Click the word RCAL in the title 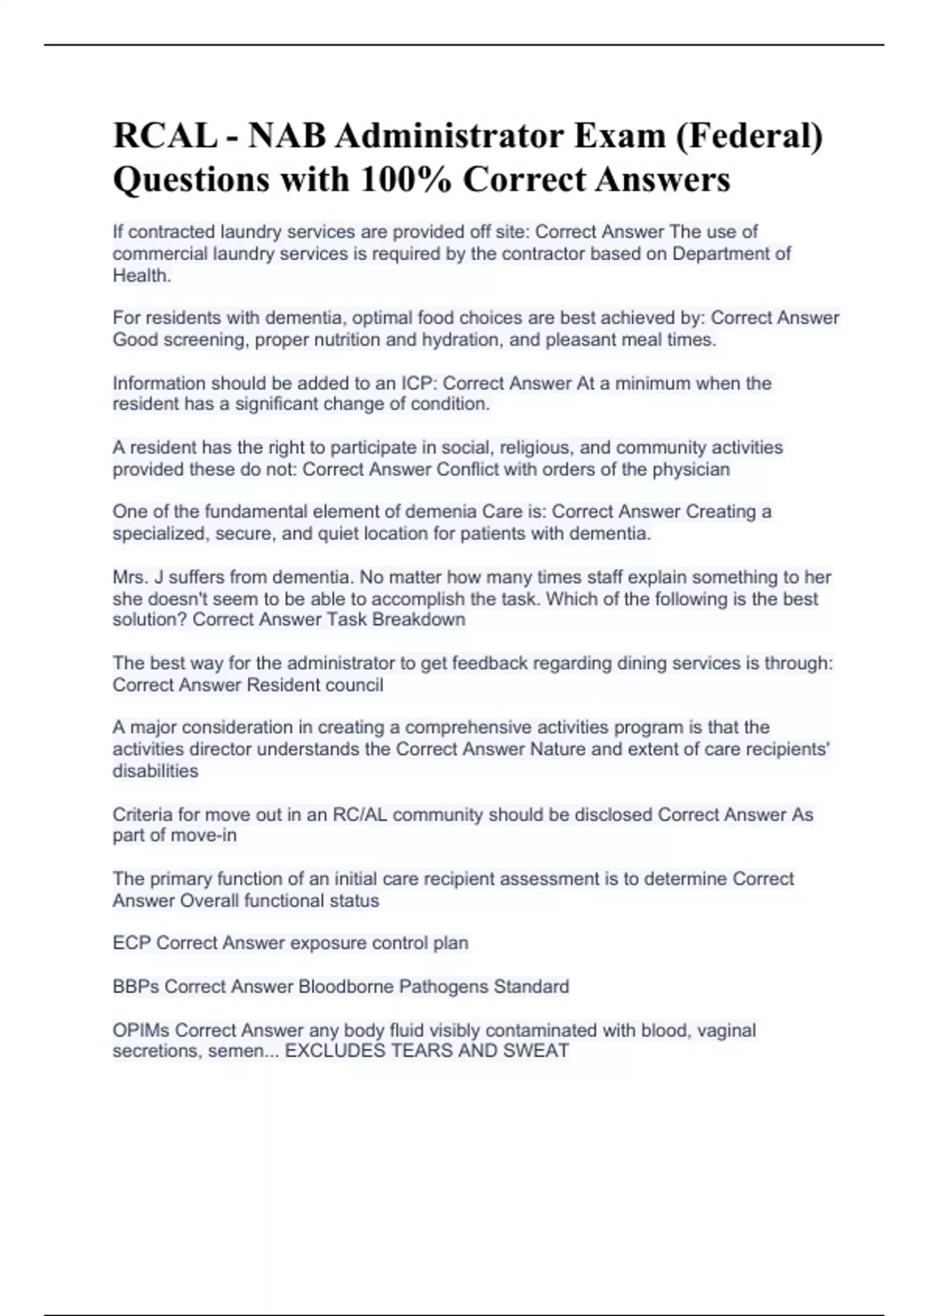point(164,136)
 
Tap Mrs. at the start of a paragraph point(130,577)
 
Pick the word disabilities point(156,771)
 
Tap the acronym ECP point(132,943)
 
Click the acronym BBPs point(135,986)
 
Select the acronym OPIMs point(141,1030)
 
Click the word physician point(690,469)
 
